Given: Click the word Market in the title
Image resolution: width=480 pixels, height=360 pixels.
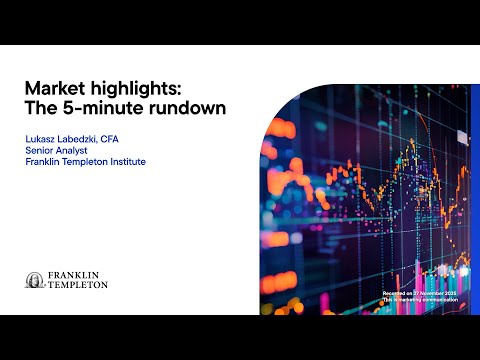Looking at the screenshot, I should pyautogui.click(x=52, y=88).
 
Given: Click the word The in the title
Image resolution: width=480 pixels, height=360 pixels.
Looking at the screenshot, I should pyautogui.click(x=41, y=107).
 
